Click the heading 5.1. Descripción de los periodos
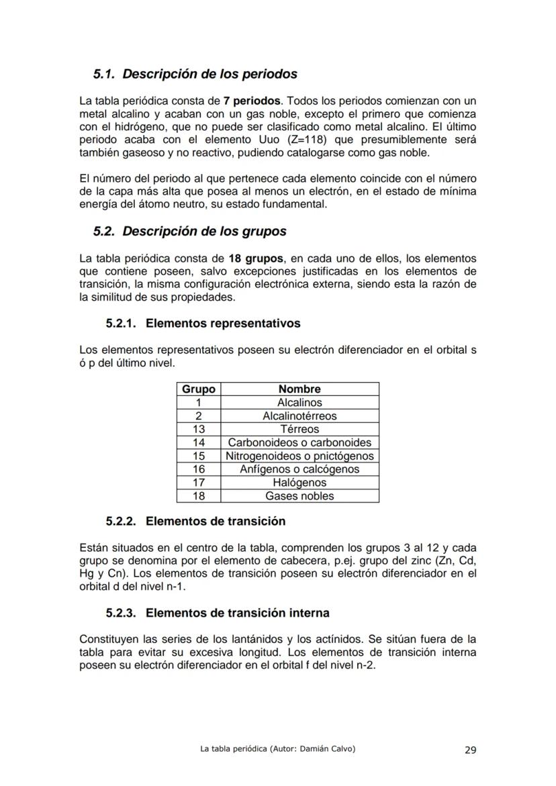pyautogui.click(x=195, y=74)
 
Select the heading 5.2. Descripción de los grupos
pyautogui.click(x=190, y=232)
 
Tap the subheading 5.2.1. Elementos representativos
pyautogui.click(x=203, y=324)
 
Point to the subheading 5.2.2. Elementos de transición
pyautogui.click(x=195, y=522)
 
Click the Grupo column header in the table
pyautogui.click(x=199, y=389)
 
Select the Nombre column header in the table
pyautogui.click(x=299, y=389)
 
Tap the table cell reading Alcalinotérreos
pyautogui.click(x=299, y=416)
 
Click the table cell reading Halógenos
pyautogui.click(x=299, y=483)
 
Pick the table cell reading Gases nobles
pyautogui.click(x=299, y=496)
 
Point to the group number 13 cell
pyautogui.click(x=199, y=430)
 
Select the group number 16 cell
pyautogui.click(x=199, y=469)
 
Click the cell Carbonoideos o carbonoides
pyautogui.click(x=299, y=443)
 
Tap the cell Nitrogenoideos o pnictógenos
pyautogui.click(x=299, y=456)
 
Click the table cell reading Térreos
pyautogui.click(x=299, y=430)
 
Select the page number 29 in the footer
pyautogui.click(x=470, y=750)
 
